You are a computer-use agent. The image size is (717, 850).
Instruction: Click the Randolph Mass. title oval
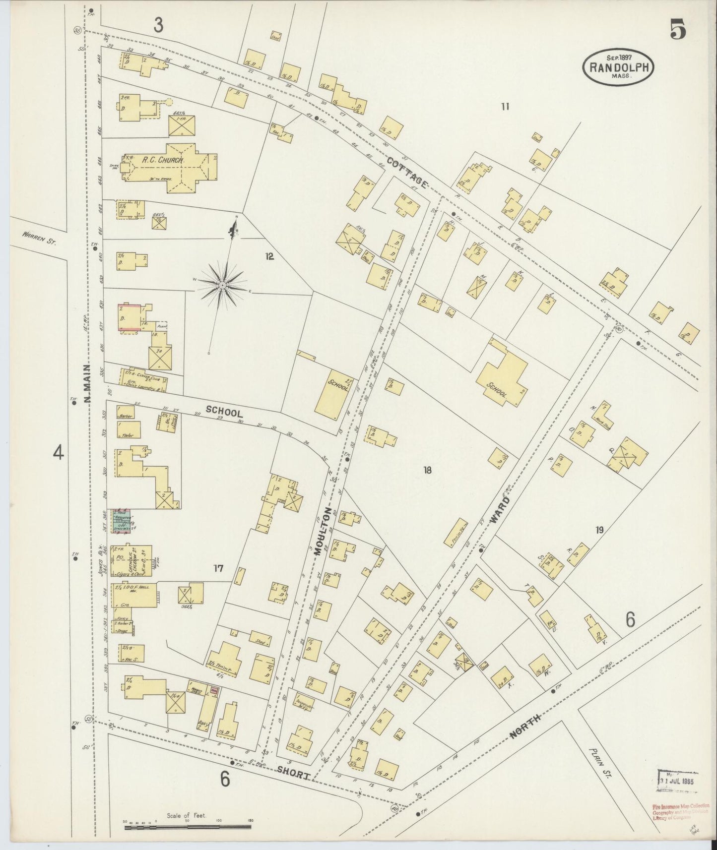pos(620,67)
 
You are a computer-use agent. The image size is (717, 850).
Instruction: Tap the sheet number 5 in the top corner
pos(678,31)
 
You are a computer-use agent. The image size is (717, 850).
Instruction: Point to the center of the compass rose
pos(223,285)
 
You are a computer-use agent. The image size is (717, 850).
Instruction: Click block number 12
pos(269,256)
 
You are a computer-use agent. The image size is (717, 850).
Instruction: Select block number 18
pos(427,470)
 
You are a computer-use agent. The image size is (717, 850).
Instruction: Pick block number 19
pos(599,530)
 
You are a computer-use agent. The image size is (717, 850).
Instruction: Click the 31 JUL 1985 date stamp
pos(677,780)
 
